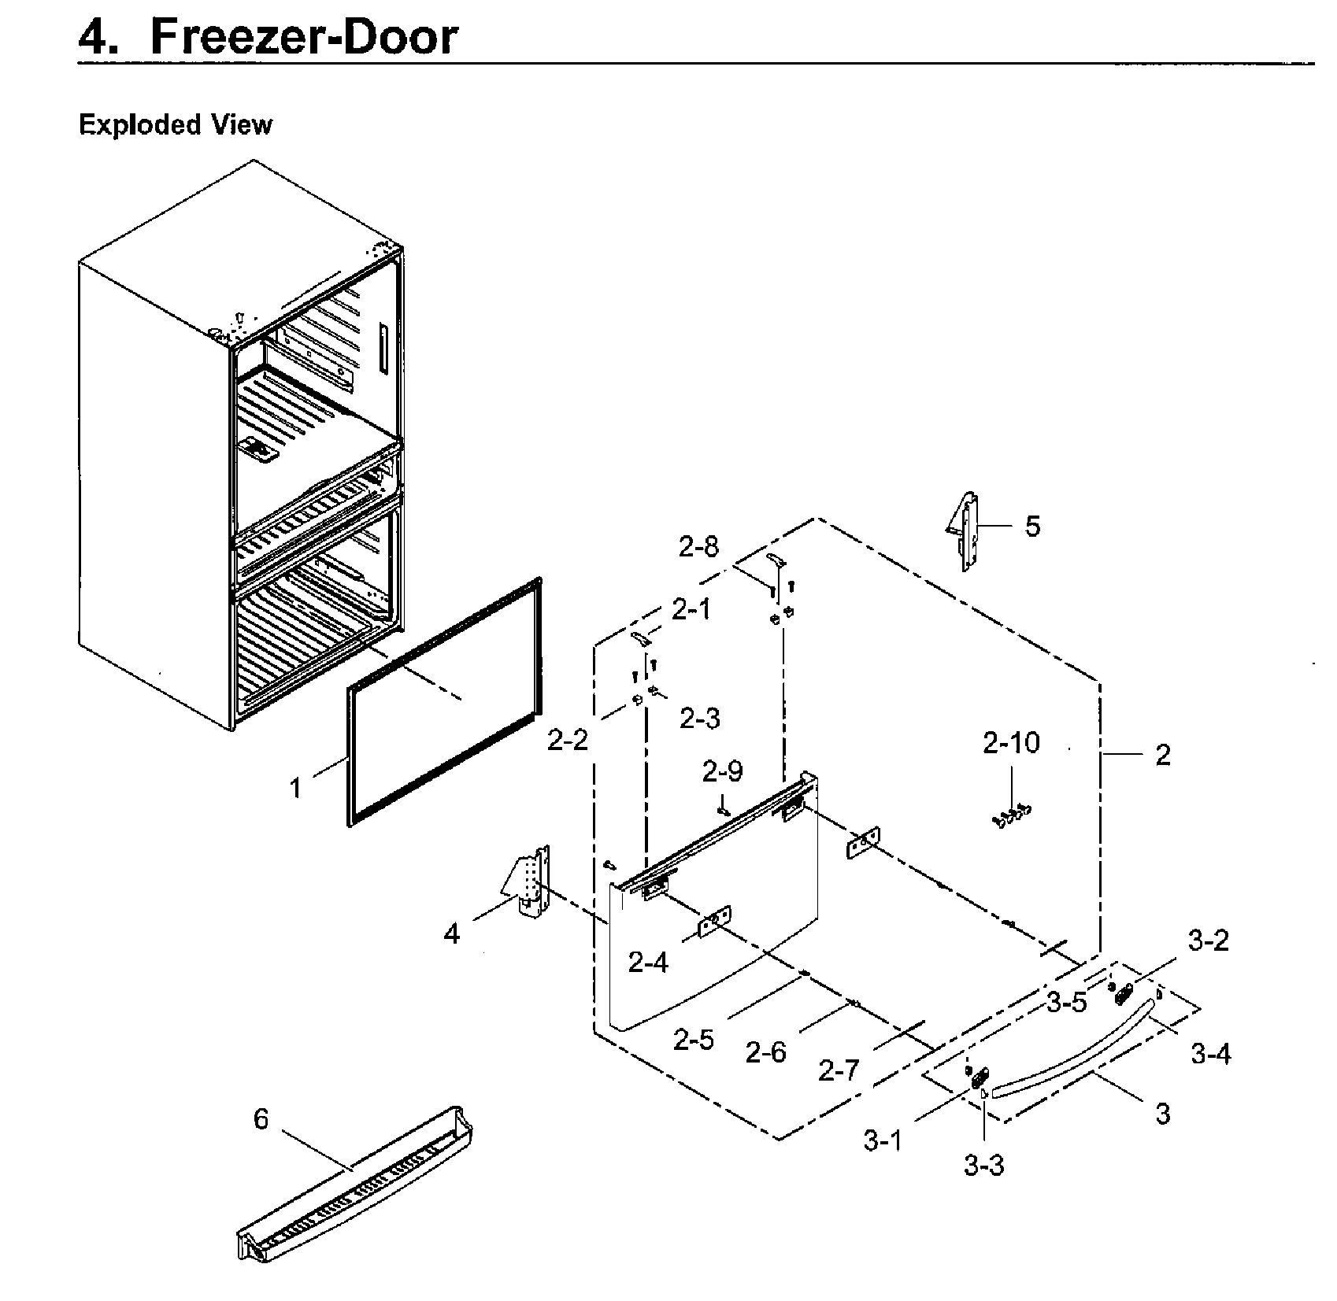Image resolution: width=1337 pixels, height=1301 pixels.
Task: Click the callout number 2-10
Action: coord(1011,742)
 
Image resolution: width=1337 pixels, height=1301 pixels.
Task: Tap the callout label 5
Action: coord(1032,526)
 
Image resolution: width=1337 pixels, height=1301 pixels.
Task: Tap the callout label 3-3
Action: coord(984,1165)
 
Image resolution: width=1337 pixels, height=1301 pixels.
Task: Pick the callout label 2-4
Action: coord(649,962)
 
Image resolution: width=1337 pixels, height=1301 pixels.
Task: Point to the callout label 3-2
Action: coord(1209,940)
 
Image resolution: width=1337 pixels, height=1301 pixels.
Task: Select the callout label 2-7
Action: coord(839,1070)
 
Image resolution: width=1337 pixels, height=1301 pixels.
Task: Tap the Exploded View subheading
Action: coord(176,124)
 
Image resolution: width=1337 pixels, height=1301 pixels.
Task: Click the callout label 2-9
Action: coord(723,771)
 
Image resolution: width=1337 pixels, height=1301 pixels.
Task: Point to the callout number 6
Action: coord(261,1118)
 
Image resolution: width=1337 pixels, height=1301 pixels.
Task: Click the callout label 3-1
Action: coord(883,1140)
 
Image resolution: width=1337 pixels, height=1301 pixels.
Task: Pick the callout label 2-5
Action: coord(694,1040)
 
